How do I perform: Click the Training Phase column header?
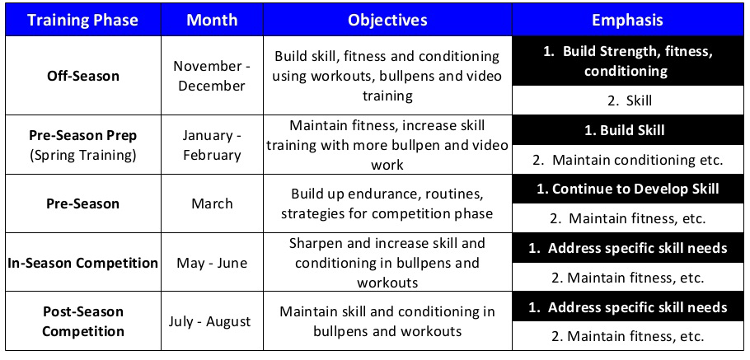[x=82, y=20]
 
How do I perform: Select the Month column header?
[x=212, y=20]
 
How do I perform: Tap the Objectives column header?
[x=387, y=20]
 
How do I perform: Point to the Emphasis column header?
[x=627, y=20]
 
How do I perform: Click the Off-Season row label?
[x=82, y=76]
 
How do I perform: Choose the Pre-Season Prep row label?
[x=82, y=134]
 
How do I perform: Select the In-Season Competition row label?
[x=82, y=264]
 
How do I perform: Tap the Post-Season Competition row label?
[x=82, y=321]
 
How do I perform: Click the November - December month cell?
[x=212, y=76]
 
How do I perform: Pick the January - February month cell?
[x=212, y=145]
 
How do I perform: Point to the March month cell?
[x=212, y=203]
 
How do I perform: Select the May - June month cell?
[x=212, y=264]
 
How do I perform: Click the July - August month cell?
[x=212, y=321]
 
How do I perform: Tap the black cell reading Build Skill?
[x=627, y=130]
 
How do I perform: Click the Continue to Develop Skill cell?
[x=627, y=189]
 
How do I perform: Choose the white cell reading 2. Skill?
[x=627, y=101]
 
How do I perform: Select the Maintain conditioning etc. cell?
[x=627, y=160]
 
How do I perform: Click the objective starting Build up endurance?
[x=387, y=203]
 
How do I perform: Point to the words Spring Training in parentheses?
[x=82, y=154]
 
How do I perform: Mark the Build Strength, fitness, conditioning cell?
[x=627, y=61]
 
